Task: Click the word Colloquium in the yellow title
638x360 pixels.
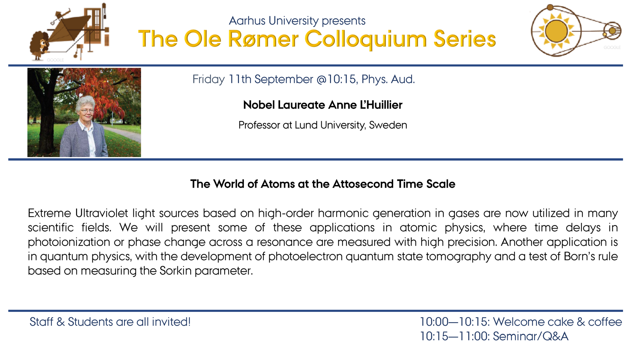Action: click(366, 40)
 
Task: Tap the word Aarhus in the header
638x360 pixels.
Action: click(247, 21)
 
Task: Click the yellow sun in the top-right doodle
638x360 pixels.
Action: click(557, 31)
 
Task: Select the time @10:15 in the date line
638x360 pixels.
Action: click(337, 79)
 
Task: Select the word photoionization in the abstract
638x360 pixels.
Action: click(69, 242)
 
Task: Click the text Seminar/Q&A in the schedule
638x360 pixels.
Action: click(531, 336)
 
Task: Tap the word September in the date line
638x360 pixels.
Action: click(283, 80)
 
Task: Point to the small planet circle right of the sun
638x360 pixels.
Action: click(612, 31)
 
